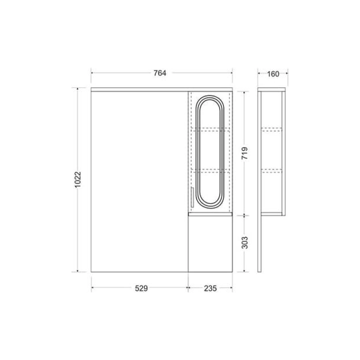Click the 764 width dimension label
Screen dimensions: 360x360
pos(160,73)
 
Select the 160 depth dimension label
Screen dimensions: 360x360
pos(273,74)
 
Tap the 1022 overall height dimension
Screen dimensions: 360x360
pos(78,180)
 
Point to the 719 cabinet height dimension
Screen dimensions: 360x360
pos(245,153)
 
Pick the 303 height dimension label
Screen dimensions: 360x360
pos(245,243)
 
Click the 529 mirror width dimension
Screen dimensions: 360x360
pos(141,288)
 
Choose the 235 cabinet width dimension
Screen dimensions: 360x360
pos(210,288)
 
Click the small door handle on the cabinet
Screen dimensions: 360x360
pos(192,197)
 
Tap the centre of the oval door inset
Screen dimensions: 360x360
pos(210,150)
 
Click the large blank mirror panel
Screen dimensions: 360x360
pos(139,182)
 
